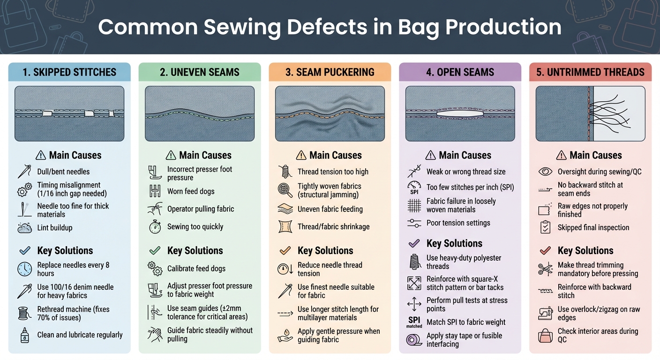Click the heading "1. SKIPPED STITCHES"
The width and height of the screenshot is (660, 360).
click(x=69, y=72)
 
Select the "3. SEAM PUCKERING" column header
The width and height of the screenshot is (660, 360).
click(x=330, y=72)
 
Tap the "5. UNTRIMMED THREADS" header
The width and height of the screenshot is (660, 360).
click(x=590, y=72)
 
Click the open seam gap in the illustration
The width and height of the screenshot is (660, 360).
click(x=460, y=113)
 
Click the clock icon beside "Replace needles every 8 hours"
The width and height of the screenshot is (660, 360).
click(x=24, y=269)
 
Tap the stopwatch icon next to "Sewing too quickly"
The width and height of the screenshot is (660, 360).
click(x=155, y=227)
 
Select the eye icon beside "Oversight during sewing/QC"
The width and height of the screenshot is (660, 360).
click(x=545, y=172)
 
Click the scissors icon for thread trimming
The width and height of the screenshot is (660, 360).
click(x=545, y=270)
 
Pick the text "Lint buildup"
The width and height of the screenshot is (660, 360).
click(x=55, y=228)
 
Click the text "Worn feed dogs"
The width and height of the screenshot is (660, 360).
click(x=191, y=191)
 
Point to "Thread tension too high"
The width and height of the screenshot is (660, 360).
click(x=333, y=172)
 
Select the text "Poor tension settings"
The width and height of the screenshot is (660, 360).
click(x=458, y=223)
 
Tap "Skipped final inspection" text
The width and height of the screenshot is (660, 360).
click(x=593, y=228)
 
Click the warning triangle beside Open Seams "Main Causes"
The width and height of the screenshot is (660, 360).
click(x=430, y=155)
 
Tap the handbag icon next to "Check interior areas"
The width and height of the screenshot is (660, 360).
click(x=545, y=335)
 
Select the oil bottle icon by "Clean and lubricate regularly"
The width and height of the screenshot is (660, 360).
click(x=24, y=335)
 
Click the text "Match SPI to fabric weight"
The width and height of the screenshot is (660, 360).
click(x=466, y=322)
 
